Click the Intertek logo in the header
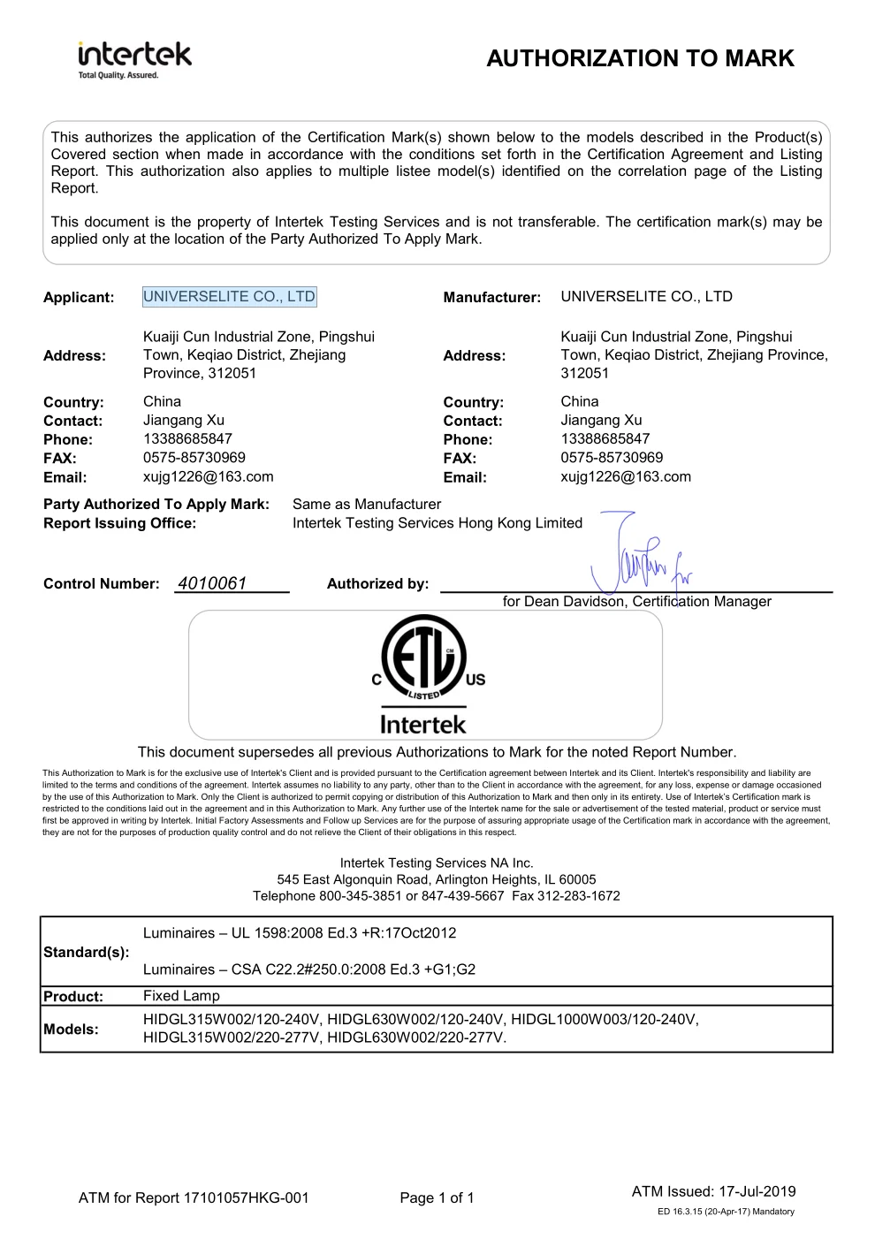tap(134, 59)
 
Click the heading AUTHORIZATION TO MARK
tap(640, 58)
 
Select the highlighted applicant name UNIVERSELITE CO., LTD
tap(229, 297)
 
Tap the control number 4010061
tap(212, 583)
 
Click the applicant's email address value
tap(209, 477)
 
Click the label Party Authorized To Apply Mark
tap(156, 504)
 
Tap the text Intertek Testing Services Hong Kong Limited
tap(437, 523)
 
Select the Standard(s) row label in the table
tap(86, 952)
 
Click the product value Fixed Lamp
tap(181, 996)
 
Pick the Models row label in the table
tap(71, 1029)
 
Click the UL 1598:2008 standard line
tap(300, 933)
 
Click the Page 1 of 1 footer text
tap(437, 1198)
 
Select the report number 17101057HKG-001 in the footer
tap(246, 1198)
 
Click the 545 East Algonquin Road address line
tap(437, 879)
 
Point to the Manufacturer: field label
tap(491, 298)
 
